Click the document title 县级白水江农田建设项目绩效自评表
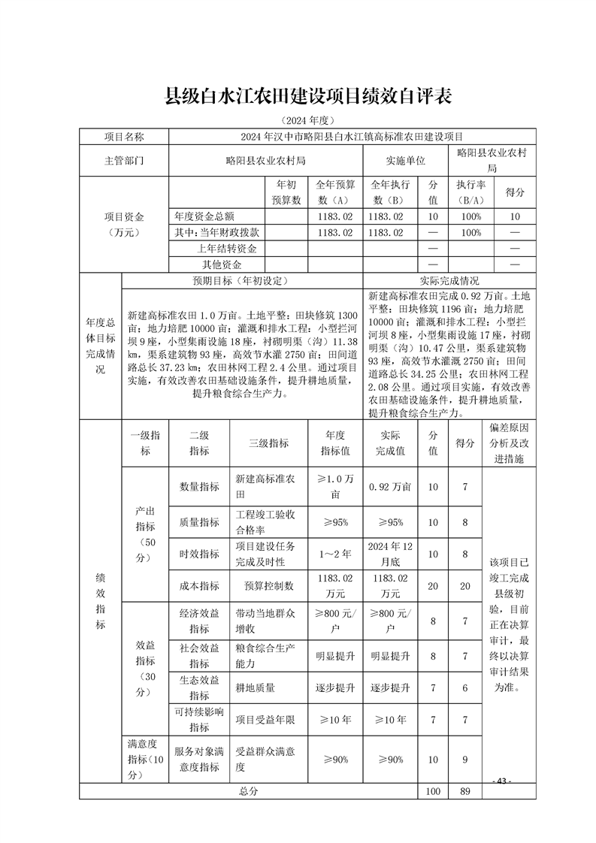(307, 96)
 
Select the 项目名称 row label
(124, 137)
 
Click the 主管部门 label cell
(124, 161)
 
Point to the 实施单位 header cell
(406, 161)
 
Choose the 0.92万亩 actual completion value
(390, 487)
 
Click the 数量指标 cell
(199, 487)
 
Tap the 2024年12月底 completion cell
(390, 554)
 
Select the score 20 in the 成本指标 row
(465, 586)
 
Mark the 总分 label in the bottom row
(248, 791)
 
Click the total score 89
(465, 791)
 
